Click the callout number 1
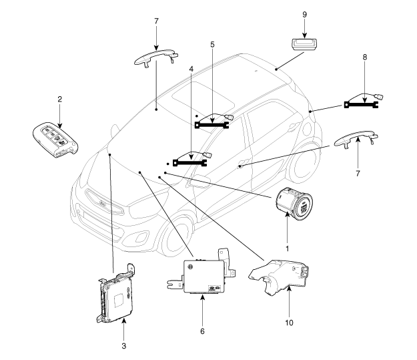click(287, 248)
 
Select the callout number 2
click(60, 100)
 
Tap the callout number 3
click(123, 346)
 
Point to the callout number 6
click(202, 331)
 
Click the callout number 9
click(305, 15)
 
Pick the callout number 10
click(289, 323)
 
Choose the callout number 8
click(364, 57)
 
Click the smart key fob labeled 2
click(55, 140)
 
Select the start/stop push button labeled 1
click(294, 204)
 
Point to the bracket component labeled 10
click(280, 277)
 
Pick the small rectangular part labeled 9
click(305, 44)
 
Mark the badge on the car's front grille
click(103, 204)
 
